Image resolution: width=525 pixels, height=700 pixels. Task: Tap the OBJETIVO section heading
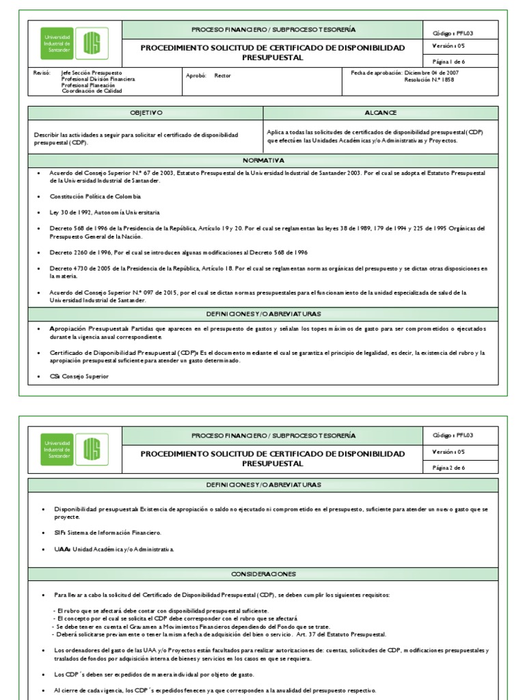coord(146,112)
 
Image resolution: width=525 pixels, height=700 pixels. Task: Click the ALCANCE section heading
coord(381,112)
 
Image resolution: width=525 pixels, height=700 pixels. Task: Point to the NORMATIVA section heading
coord(263,161)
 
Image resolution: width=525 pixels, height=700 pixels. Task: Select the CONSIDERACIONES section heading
coord(263,574)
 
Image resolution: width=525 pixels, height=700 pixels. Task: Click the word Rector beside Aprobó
coord(223,76)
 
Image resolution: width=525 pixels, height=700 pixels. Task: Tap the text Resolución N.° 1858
coord(429,79)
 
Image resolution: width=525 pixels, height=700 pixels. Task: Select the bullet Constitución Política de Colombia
coord(96,196)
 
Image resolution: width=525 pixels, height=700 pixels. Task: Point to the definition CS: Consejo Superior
coord(79,377)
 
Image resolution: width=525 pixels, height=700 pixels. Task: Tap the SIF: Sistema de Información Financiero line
coord(107,532)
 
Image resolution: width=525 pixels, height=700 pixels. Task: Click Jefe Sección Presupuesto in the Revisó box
coord(92,72)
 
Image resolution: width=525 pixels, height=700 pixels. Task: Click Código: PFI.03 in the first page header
coord(453,33)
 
